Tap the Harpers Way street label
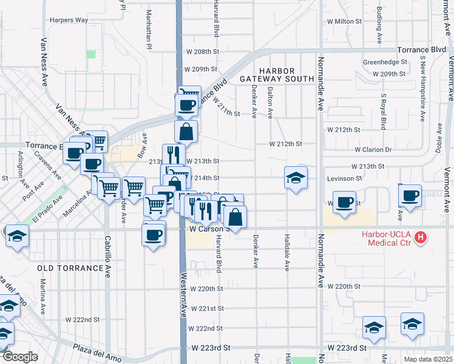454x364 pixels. (x=69, y=20)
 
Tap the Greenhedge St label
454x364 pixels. (x=385, y=62)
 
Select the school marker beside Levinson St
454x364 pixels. (x=296, y=178)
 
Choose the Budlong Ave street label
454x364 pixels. (x=379, y=25)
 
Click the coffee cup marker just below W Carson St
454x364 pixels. (x=154, y=234)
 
